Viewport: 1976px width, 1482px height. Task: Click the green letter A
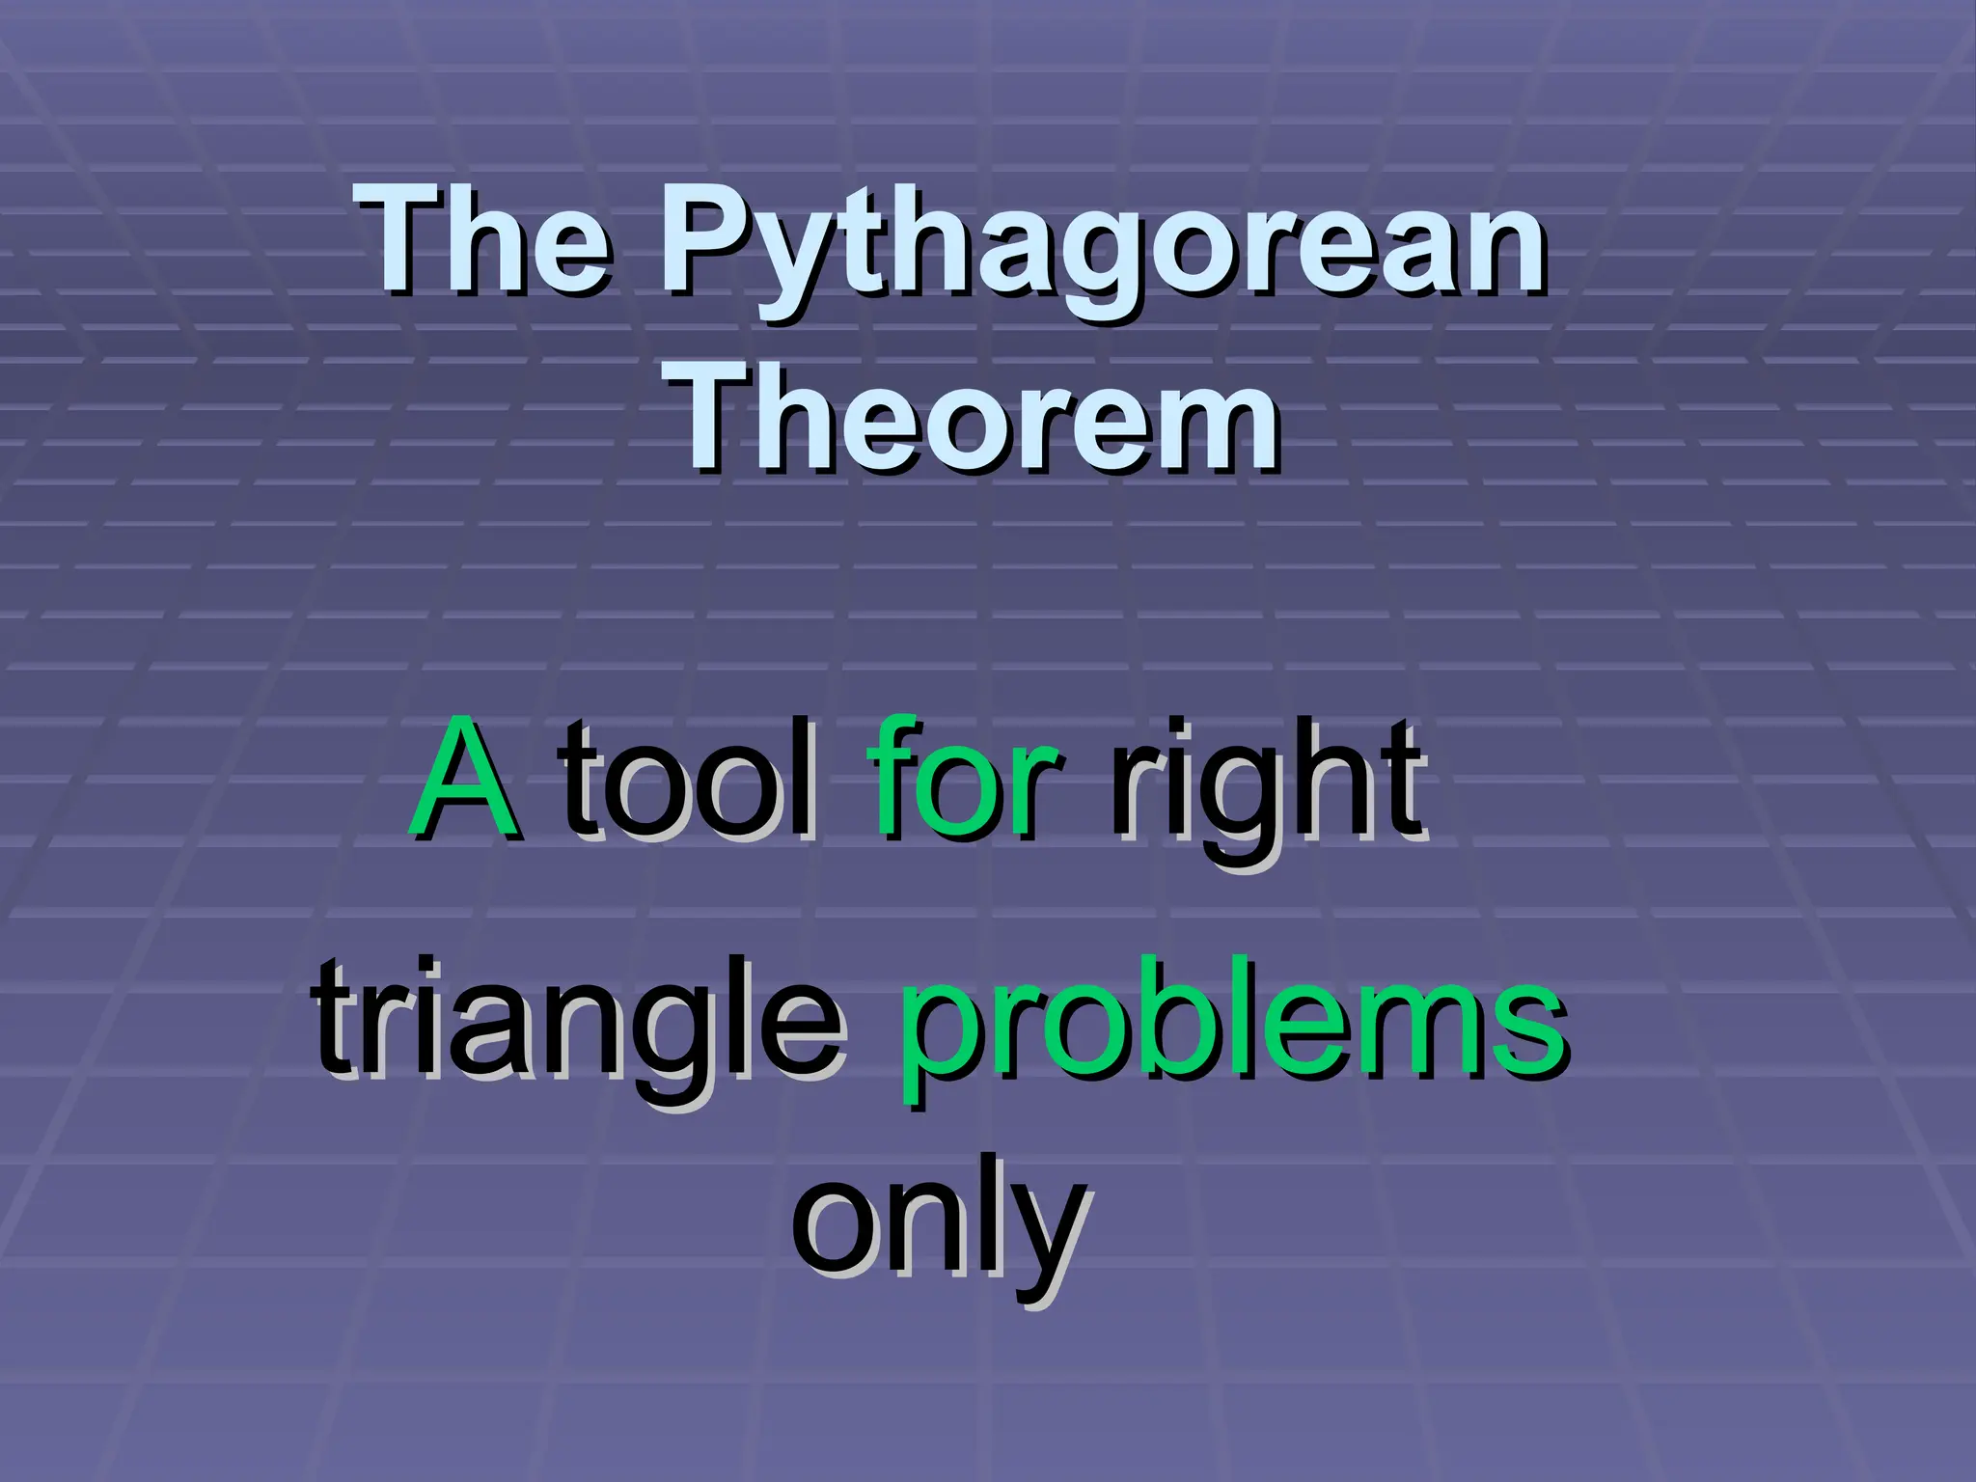point(463,780)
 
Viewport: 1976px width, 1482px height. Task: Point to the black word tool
point(690,780)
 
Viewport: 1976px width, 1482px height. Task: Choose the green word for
point(965,780)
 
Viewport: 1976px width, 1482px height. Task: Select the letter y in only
point(1047,1245)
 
